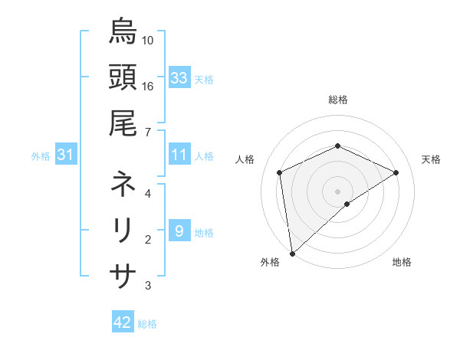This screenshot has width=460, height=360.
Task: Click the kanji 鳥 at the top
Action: coord(123,32)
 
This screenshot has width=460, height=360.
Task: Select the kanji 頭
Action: coord(123,77)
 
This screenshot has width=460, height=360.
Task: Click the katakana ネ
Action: coord(123,185)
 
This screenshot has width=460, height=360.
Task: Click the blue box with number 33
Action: coord(179,78)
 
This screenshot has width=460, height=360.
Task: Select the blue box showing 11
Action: coord(179,155)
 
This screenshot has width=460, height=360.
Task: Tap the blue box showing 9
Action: coord(179,231)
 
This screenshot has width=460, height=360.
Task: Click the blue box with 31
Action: coord(66,155)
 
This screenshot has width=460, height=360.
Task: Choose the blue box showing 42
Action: coord(123,322)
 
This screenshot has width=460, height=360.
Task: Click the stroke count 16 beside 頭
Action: coord(148,86)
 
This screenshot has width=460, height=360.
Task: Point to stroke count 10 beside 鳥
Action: coord(148,40)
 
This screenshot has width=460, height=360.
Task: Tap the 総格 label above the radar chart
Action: coord(337,100)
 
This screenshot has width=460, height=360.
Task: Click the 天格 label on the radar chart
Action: coord(431,159)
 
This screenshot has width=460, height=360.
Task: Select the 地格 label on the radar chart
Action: coord(402,263)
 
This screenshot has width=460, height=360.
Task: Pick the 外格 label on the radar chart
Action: coord(270,263)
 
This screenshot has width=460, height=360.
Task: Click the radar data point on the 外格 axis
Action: coord(292,253)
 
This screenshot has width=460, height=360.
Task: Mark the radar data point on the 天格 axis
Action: coord(396,172)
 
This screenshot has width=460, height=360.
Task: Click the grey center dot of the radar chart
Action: coord(337,191)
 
